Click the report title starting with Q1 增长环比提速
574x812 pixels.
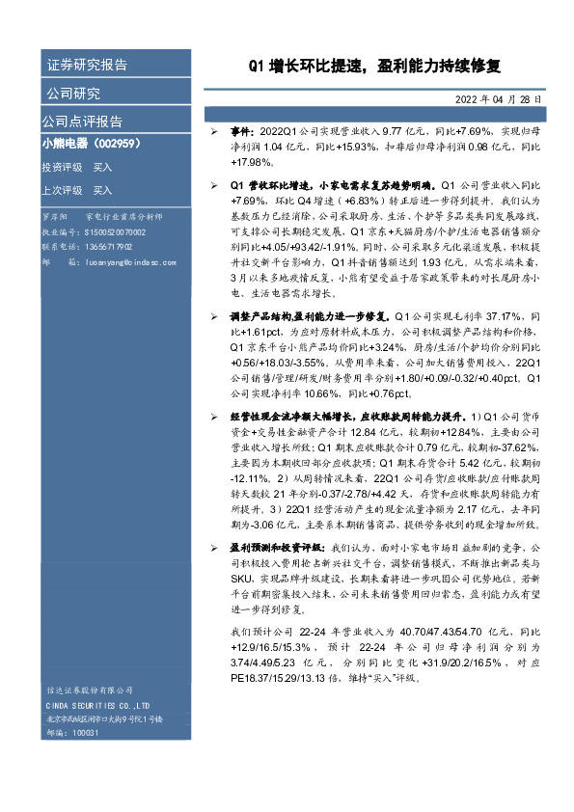[x=375, y=67]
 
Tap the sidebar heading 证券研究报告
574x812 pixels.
[x=87, y=66]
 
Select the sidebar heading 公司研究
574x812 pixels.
[x=73, y=94]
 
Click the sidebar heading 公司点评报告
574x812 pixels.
[x=82, y=122]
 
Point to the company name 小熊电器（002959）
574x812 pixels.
[x=92, y=143]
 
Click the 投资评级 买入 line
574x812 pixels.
[x=77, y=167]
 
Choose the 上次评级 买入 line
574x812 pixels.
[x=77, y=190]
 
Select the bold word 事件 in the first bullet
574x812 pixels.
[x=241, y=129]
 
